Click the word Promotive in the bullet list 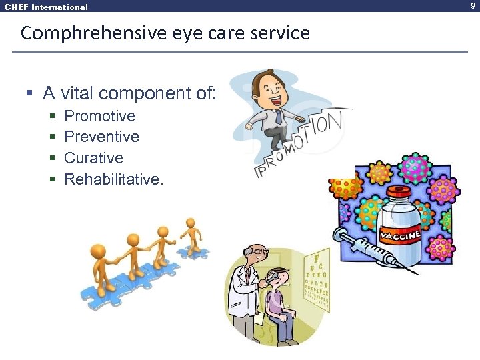click(x=99, y=116)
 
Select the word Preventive click(x=101, y=137)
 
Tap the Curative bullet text click(x=93, y=158)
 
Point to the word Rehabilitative click(x=113, y=179)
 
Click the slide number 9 click(x=473, y=7)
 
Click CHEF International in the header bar click(x=45, y=7)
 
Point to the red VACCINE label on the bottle click(x=400, y=236)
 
